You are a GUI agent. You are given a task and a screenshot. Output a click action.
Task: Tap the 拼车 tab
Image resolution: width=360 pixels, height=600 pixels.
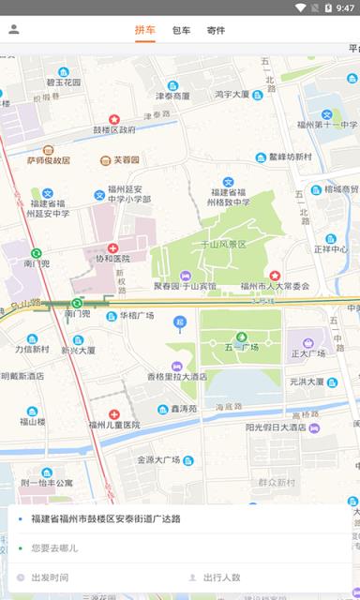click(145, 30)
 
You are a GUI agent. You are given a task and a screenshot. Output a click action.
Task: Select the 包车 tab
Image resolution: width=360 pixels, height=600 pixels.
click(181, 30)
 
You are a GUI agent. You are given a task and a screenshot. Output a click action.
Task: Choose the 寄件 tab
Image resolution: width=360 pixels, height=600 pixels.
click(216, 30)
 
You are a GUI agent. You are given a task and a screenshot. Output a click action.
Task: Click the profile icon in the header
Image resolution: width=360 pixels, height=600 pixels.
click(14, 29)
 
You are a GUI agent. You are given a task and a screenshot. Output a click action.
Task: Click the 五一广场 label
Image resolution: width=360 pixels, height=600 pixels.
click(242, 347)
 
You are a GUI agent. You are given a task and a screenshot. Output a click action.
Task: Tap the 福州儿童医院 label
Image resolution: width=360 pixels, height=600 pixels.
click(113, 424)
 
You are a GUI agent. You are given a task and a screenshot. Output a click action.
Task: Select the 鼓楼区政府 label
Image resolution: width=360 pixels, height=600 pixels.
click(113, 129)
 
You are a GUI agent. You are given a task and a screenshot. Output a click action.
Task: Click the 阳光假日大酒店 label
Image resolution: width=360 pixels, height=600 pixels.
click(276, 427)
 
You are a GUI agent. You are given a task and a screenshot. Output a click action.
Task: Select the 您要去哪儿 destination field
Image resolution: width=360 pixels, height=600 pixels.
click(54, 547)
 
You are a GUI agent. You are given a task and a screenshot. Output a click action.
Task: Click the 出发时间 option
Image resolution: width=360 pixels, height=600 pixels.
click(50, 577)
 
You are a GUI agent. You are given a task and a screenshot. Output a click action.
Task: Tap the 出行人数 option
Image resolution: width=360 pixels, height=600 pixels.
click(221, 577)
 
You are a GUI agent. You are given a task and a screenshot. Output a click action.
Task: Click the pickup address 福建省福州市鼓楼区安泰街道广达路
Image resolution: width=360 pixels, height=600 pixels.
click(105, 518)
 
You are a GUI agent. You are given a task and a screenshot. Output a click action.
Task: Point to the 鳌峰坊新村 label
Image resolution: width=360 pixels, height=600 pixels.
click(289, 157)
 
